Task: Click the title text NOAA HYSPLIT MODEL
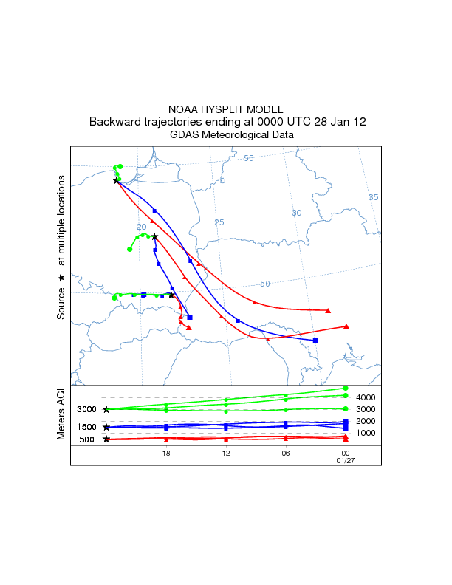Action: tap(225, 109)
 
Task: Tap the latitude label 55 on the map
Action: tap(249, 158)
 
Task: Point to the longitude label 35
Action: tap(373, 197)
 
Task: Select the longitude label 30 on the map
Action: tap(297, 213)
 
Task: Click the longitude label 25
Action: tap(219, 222)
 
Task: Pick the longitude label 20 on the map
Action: tap(141, 227)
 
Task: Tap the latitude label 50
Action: tap(265, 284)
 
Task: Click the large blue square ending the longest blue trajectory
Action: tap(315, 341)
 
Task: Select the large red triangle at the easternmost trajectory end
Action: tap(346, 326)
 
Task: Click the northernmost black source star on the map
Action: tap(116, 179)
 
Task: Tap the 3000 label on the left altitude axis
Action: tap(87, 409)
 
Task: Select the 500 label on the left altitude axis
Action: tap(87, 439)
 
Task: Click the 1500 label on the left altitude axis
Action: tap(87, 427)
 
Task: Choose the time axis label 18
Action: tap(166, 454)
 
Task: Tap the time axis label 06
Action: tap(285, 454)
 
